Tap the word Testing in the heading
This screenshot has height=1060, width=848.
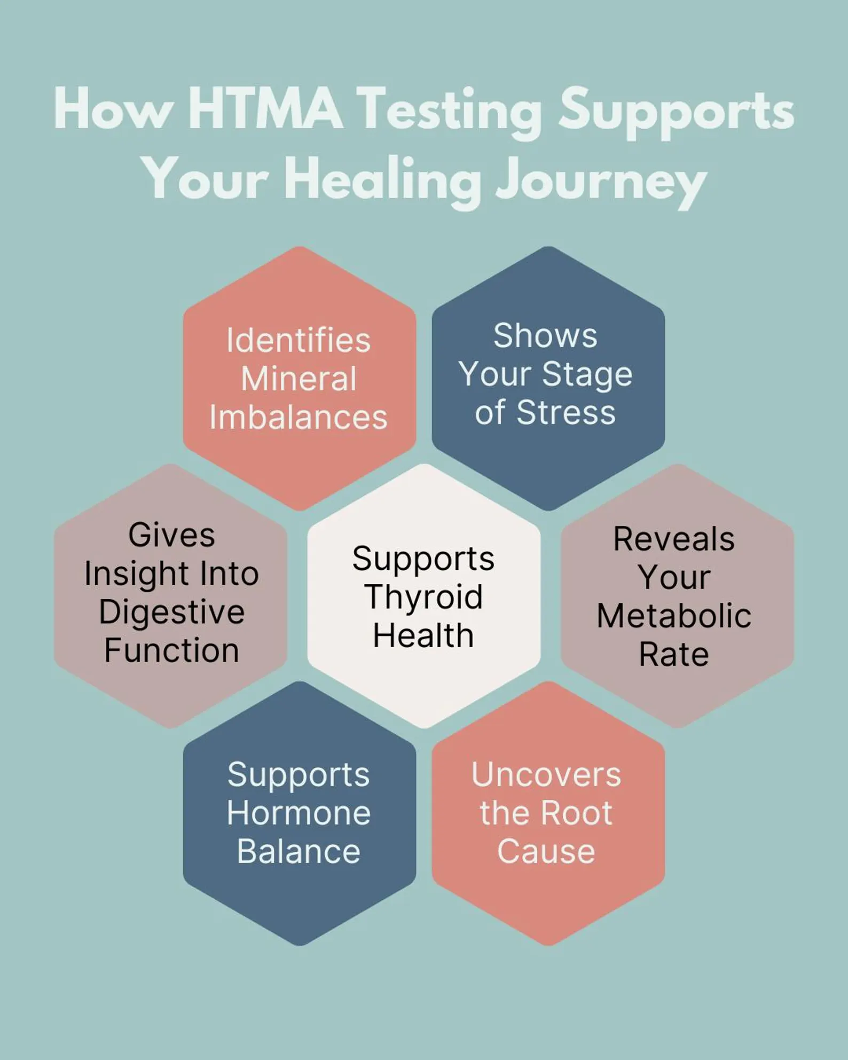click(450, 113)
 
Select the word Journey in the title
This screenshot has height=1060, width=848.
click(601, 182)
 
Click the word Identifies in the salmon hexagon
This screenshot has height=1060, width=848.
click(299, 340)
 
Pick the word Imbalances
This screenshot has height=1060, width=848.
click(299, 417)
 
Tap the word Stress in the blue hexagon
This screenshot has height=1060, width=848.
click(566, 412)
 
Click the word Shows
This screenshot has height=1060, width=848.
click(545, 335)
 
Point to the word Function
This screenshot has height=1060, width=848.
click(171, 650)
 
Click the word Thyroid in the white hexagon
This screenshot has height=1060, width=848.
click(424, 598)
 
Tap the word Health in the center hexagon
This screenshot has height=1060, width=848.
click(423, 635)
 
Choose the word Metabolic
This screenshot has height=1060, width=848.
click(674, 616)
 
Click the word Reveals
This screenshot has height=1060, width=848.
click(674, 539)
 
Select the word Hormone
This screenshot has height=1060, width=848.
click(299, 813)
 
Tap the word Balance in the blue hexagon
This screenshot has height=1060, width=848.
click(299, 851)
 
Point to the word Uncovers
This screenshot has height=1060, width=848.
click(546, 774)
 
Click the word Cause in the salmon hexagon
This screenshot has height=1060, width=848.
click(546, 851)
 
